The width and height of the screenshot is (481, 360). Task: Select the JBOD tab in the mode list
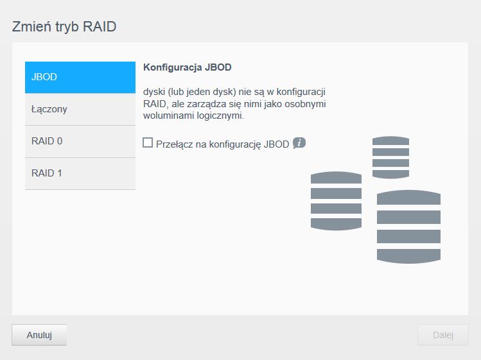80,77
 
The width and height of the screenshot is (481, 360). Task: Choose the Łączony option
80,110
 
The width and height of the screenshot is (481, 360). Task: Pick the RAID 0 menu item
80,142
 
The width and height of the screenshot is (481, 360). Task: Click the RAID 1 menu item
80,173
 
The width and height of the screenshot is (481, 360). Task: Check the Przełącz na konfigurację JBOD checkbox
148,142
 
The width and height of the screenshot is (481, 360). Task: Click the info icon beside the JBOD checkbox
299,143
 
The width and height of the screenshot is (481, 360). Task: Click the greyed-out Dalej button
442,335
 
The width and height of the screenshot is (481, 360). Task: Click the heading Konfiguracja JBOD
187,67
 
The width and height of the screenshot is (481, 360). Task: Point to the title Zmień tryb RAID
64,27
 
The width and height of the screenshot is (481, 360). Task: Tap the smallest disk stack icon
390,157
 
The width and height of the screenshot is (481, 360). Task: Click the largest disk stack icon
408,227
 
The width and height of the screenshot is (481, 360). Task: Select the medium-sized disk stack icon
336,201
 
